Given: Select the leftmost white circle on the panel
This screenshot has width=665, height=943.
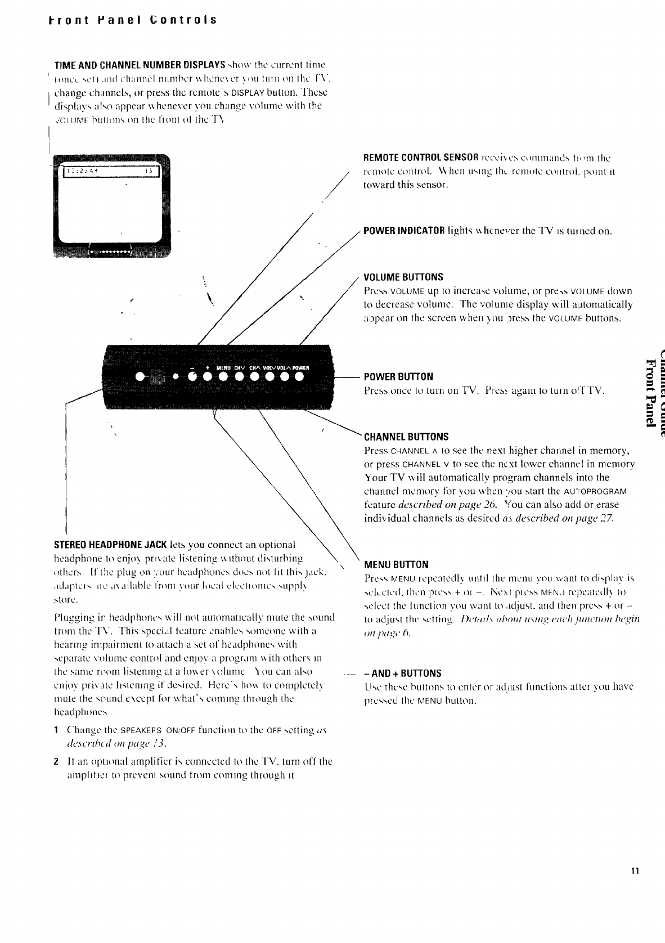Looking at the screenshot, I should pos(139,376).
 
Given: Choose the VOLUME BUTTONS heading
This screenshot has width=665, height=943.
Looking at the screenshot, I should pos(403,277).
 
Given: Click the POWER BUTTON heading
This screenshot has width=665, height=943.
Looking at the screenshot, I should pos(398,376).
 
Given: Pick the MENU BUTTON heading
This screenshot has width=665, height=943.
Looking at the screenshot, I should pos(397,564).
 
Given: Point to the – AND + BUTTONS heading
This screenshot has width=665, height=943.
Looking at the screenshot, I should pos(403,673).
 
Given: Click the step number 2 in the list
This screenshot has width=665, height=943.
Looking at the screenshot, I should pos(56,761).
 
